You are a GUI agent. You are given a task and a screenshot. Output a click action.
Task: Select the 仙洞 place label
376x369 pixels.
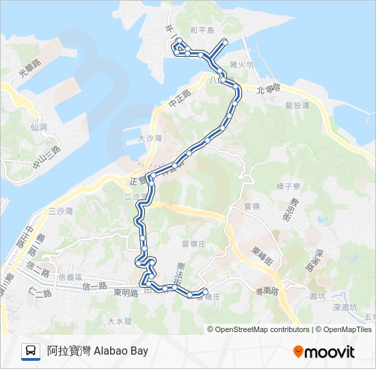[38, 127]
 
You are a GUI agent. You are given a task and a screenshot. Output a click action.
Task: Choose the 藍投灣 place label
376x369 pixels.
[297, 106]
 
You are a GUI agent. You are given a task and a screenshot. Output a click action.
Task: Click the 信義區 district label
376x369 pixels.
[70, 277]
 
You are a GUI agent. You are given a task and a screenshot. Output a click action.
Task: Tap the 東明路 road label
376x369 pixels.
[126, 292]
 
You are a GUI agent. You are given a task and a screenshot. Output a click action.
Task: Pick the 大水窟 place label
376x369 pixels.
[119, 320]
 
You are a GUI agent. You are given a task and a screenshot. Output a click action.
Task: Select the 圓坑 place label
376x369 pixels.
[317, 296]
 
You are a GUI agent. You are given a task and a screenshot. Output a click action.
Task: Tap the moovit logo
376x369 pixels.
[324, 351]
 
